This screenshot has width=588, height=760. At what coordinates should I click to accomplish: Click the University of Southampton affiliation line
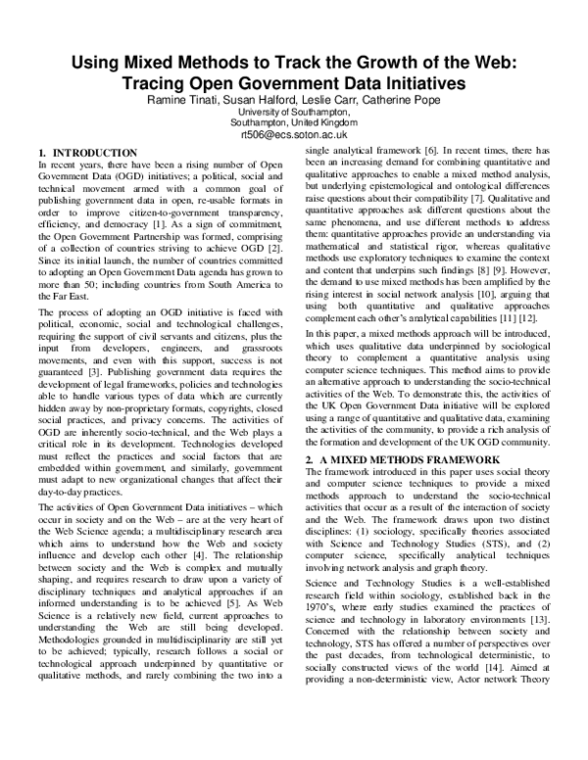click(293, 113)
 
